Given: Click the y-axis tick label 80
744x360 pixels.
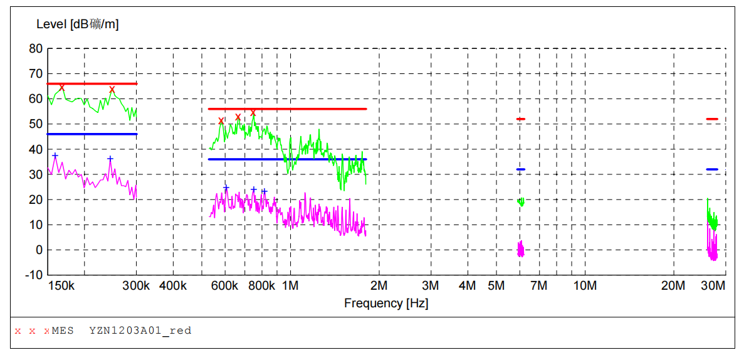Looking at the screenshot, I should tap(36, 49).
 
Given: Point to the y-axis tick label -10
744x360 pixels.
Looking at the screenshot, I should tap(34, 275).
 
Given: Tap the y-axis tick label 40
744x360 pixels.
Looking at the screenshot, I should tap(36, 149).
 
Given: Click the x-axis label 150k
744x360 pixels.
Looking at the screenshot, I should tap(61, 286).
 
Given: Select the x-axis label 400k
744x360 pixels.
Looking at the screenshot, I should tap(173, 286).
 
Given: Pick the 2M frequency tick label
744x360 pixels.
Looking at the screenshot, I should tap(379, 286).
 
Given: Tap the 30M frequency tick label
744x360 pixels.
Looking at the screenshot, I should tap(713, 286).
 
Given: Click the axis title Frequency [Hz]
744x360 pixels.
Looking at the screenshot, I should tap(386, 304).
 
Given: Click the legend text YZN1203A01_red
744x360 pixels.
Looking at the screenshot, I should tap(140, 331).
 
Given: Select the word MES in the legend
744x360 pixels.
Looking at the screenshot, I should tap(63, 331).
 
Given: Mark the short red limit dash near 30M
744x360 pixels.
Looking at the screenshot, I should tap(712, 119).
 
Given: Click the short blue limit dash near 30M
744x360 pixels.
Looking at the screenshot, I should tap(712, 169).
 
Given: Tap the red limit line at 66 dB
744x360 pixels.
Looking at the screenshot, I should tap(92, 83).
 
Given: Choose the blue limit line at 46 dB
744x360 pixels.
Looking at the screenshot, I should tap(92, 134).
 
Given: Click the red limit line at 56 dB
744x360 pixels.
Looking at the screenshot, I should tap(287, 109).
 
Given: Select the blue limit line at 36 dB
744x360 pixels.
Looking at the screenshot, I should tap(287, 159).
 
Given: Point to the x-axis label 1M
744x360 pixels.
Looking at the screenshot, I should tap(290, 286).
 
